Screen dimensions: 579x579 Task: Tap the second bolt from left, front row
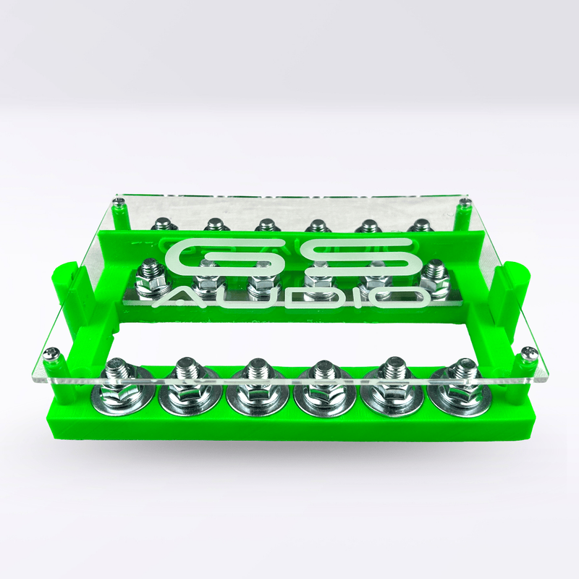point(186,380)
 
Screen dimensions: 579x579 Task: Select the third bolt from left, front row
point(255,380)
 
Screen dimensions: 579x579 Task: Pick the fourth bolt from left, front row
point(322,380)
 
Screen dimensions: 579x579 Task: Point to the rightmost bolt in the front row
point(458,380)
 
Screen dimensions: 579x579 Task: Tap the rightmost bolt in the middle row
point(436,275)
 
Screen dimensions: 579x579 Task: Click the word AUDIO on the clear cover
point(289,297)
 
